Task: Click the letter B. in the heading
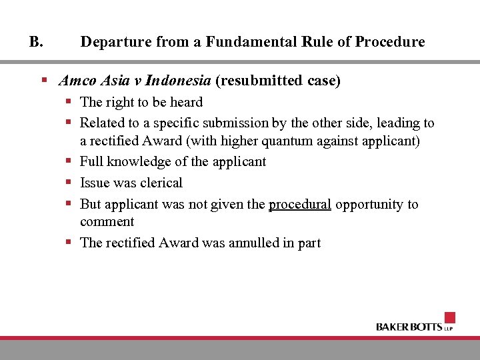(x=36, y=42)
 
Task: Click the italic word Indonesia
(x=178, y=81)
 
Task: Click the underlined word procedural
(x=300, y=204)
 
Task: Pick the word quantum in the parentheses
(x=273, y=141)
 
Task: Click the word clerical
(x=161, y=183)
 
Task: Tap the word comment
(x=107, y=221)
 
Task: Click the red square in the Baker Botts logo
(x=449, y=317)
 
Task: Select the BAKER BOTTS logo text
(x=409, y=327)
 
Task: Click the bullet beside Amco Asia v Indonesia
(x=43, y=81)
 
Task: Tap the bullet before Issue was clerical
(x=69, y=182)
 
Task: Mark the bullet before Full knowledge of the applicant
(x=69, y=161)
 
